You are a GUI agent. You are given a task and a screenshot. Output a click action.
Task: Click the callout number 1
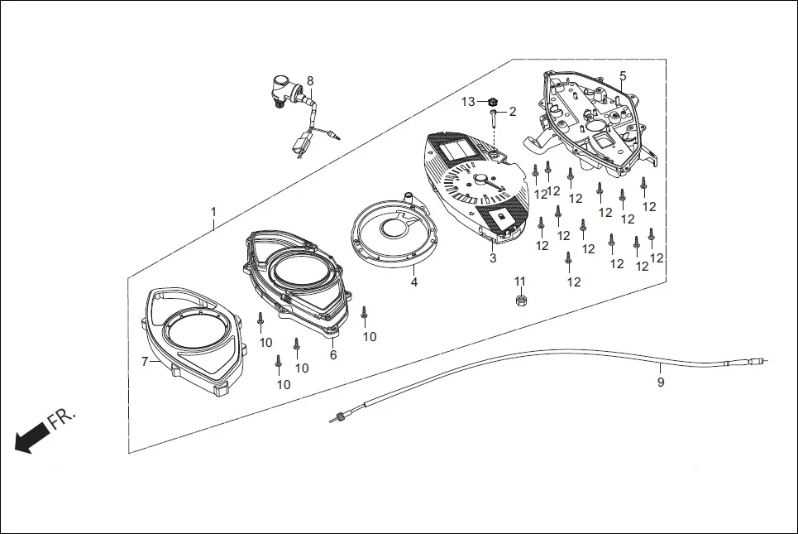click(213, 213)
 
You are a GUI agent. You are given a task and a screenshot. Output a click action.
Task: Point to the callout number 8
click(310, 81)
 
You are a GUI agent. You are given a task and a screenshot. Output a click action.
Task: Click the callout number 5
click(623, 76)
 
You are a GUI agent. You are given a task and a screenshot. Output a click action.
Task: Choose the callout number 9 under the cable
click(661, 382)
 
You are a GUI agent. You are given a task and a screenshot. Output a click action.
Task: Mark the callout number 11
click(520, 281)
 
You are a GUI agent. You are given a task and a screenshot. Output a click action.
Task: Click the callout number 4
click(414, 281)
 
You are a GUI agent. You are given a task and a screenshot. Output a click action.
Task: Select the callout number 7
click(145, 362)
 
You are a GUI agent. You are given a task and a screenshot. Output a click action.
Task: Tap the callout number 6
click(333, 354)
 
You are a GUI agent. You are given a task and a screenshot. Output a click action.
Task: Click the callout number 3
click(493, 258)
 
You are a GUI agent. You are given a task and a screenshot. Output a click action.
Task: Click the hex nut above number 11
click(520, 301)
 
